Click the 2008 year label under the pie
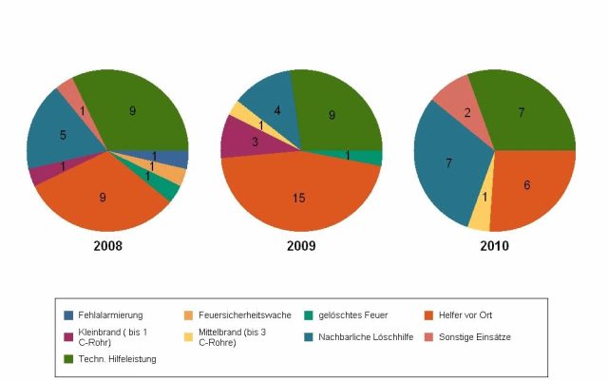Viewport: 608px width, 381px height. (107, 246)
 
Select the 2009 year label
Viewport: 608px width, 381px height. (300, 246)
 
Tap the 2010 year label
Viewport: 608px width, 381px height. (494, 246)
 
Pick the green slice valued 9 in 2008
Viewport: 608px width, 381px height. (133, 112)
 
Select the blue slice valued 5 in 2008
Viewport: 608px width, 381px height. (63, 136)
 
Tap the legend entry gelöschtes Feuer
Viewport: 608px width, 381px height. (353, 314)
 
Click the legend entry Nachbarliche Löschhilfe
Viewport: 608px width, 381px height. (367, 336)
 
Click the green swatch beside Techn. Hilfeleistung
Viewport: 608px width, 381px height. (69, 359)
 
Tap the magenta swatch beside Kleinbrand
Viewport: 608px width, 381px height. (69, 336)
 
